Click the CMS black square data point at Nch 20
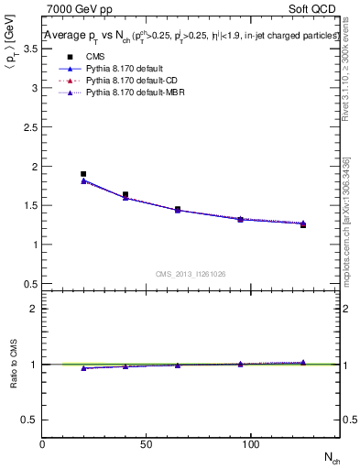point(83,174)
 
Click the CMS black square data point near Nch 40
point(125,194)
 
